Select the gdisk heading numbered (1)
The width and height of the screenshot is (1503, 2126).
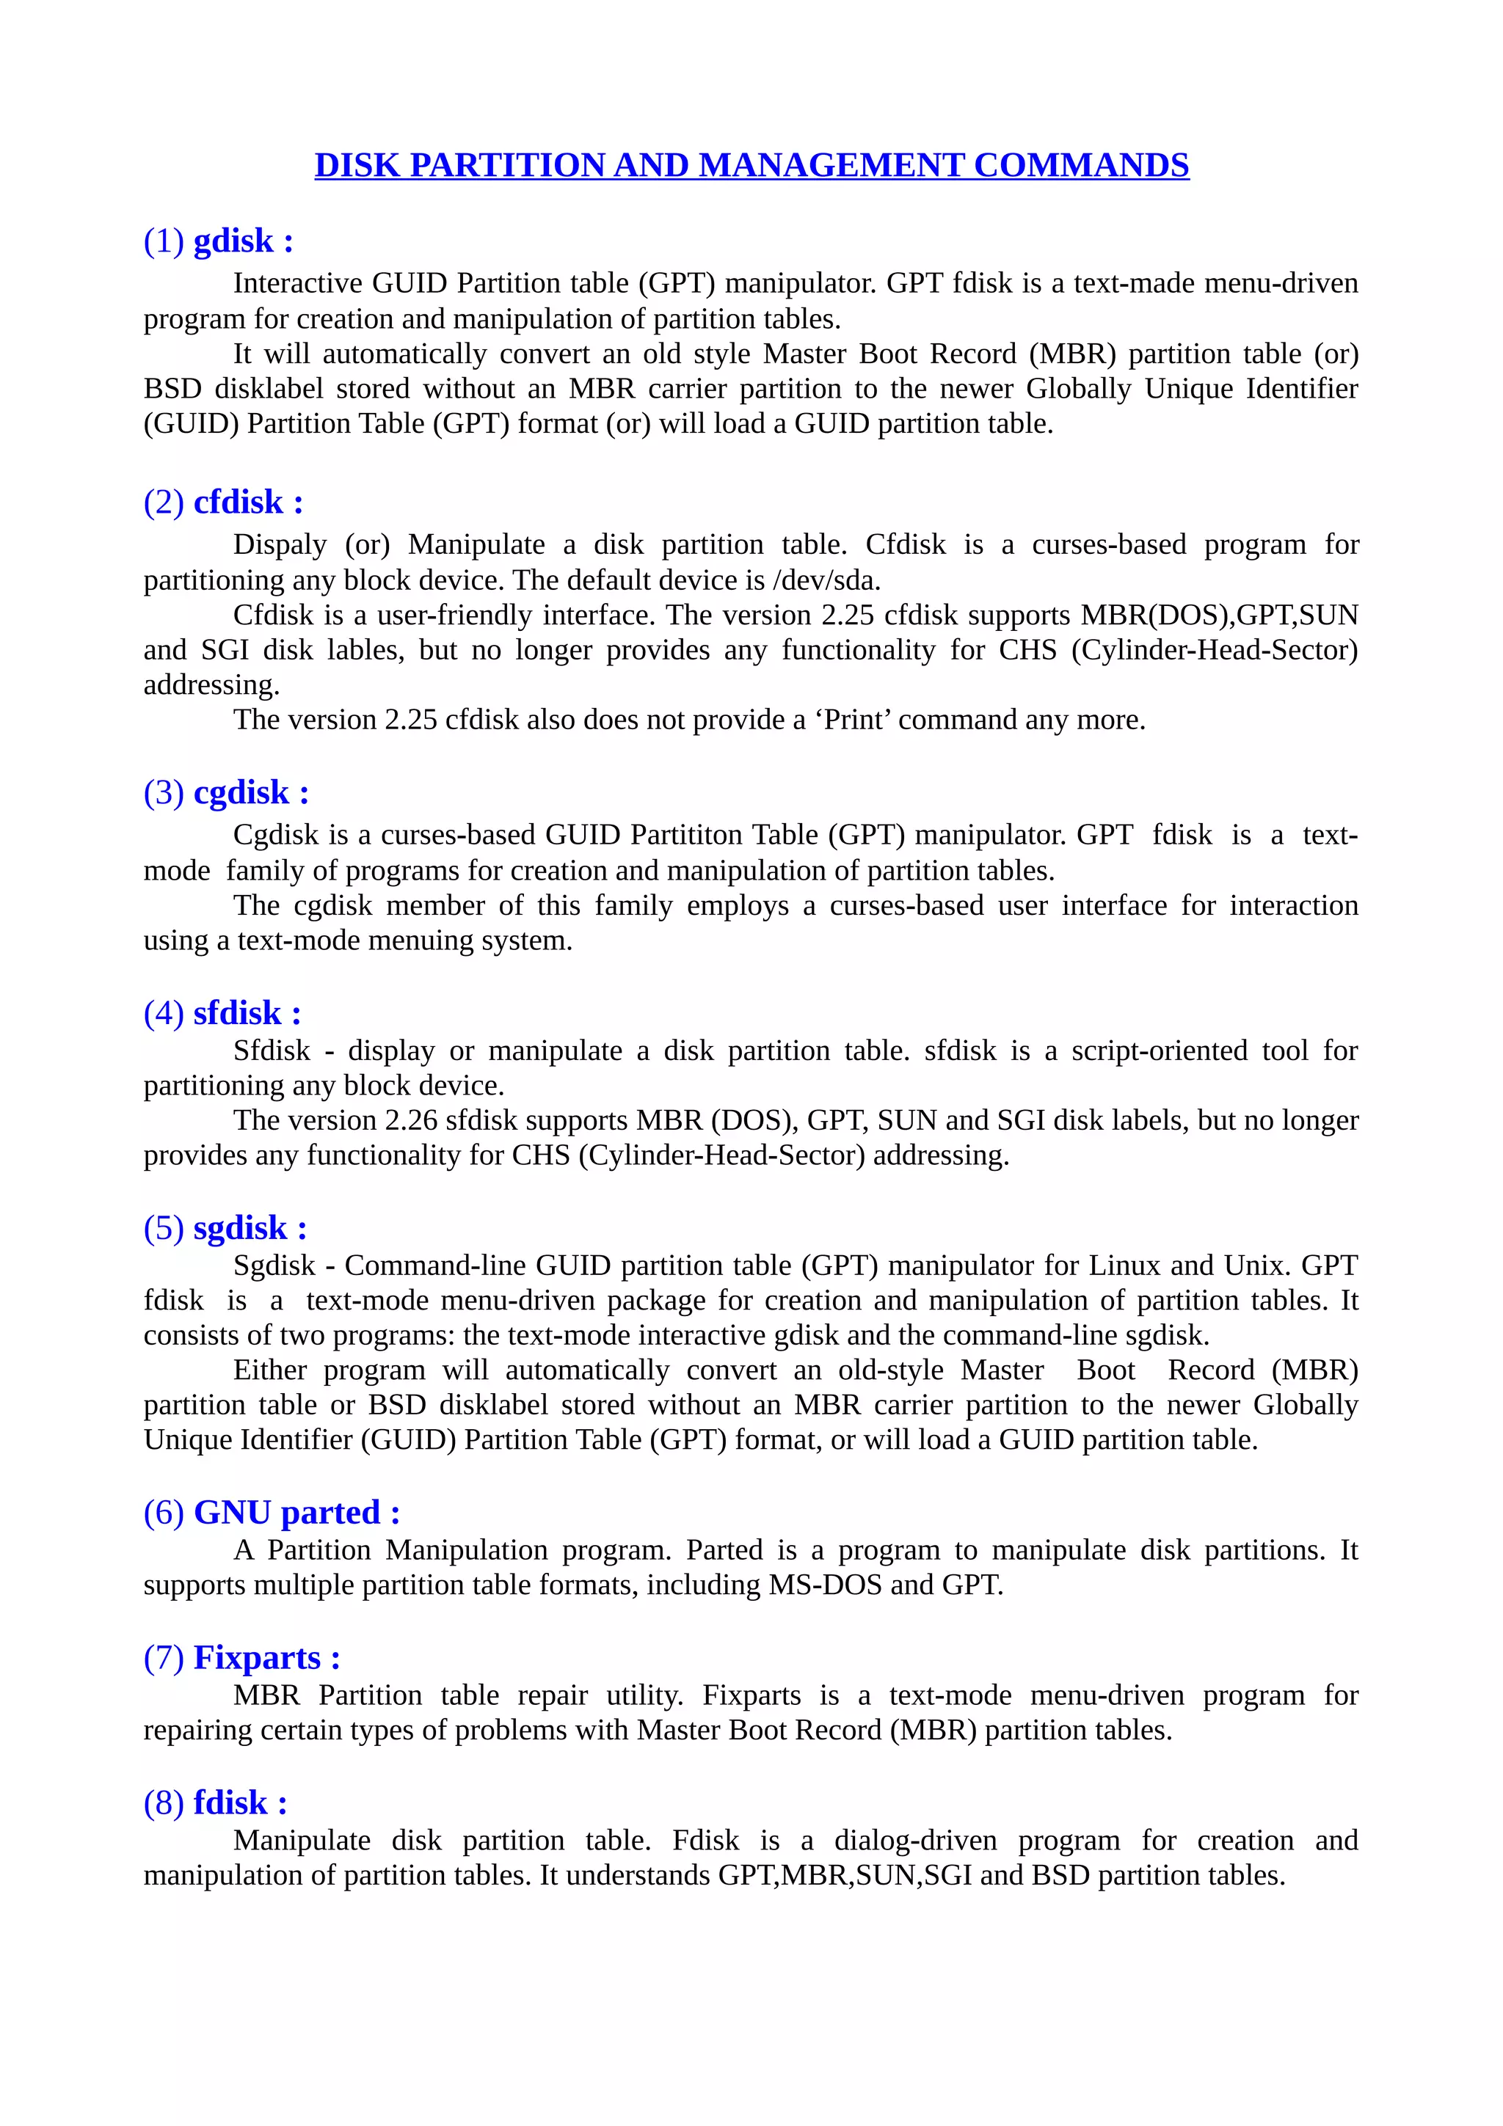point(219,241)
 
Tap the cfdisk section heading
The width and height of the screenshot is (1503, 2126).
point(223,502)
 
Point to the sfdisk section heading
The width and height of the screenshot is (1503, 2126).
point(222,1013)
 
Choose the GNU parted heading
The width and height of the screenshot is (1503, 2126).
point(272,1512)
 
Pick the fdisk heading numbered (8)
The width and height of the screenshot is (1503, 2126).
point(216,1802)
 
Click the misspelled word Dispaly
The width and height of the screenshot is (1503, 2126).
point(280,544)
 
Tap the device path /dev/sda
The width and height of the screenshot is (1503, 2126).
point(825,580)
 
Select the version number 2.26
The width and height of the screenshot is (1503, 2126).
point(411,1120)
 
